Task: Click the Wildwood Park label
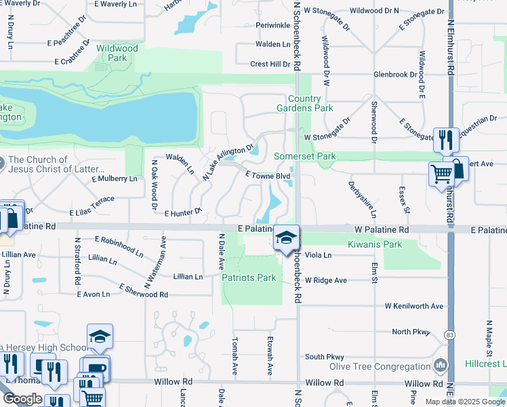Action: coord(117,53)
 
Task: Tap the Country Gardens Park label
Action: coord(305,103)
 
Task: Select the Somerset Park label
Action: coord(305,156)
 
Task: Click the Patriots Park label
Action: coord(249,277)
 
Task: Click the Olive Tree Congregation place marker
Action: coord(441,366)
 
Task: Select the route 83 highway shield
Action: coord(450,334)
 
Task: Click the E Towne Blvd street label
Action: coord(268,176)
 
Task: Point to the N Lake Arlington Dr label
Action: coord(228,160)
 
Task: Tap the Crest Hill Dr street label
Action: coord(270,64)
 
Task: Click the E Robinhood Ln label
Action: coord(119,239)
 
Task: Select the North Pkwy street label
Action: coord(411,332)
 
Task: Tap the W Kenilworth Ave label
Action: coord(414,306)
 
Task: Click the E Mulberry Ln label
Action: coord(114,179)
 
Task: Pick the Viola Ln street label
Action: coord(318,255)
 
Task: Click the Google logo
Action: coord(22,398)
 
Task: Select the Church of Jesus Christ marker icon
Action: coord(1,163)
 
